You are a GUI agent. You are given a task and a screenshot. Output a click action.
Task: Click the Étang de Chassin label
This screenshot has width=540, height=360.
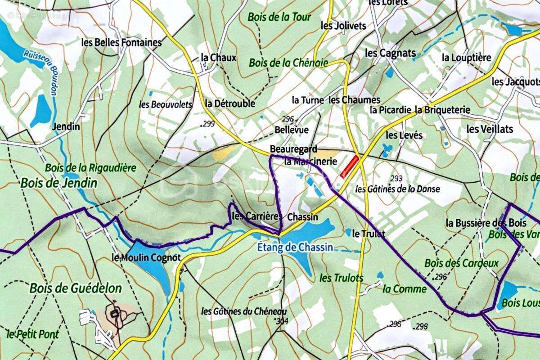click(295, 247)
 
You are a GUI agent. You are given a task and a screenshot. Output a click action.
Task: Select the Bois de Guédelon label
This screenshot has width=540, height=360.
click(76, 288)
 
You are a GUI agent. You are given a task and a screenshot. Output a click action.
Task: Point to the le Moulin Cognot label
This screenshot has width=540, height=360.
click(146, 258)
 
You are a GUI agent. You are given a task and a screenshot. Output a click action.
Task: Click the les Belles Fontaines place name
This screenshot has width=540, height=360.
click(121, 42)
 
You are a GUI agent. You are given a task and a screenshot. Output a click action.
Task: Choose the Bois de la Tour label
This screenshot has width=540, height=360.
click(279, 17)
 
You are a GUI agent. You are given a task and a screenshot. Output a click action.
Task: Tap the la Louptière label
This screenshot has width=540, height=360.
click(466, 58)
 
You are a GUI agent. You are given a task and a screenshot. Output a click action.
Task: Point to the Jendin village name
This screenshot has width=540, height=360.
click(66, 126)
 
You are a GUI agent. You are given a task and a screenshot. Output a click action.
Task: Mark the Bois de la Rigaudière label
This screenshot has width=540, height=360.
click(90, 168)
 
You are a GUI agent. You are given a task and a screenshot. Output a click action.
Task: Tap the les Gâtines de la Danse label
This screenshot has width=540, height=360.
click(397, 189)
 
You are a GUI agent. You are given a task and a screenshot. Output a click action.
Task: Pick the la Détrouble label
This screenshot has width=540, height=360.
click(230, 103)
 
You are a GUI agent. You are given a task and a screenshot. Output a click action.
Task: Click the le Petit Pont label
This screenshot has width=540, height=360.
click(33, 334)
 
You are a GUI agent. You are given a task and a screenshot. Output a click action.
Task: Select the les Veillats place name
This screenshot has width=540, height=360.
click(490, 129)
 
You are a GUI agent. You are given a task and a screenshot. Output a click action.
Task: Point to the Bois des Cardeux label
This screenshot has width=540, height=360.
click(461, 263)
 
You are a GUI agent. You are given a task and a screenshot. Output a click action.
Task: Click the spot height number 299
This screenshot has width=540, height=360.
click(207, 124)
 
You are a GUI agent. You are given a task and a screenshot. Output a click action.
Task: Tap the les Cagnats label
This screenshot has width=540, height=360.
click(390, 53)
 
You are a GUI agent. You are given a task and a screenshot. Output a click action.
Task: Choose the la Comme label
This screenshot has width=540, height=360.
click(404, 289)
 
